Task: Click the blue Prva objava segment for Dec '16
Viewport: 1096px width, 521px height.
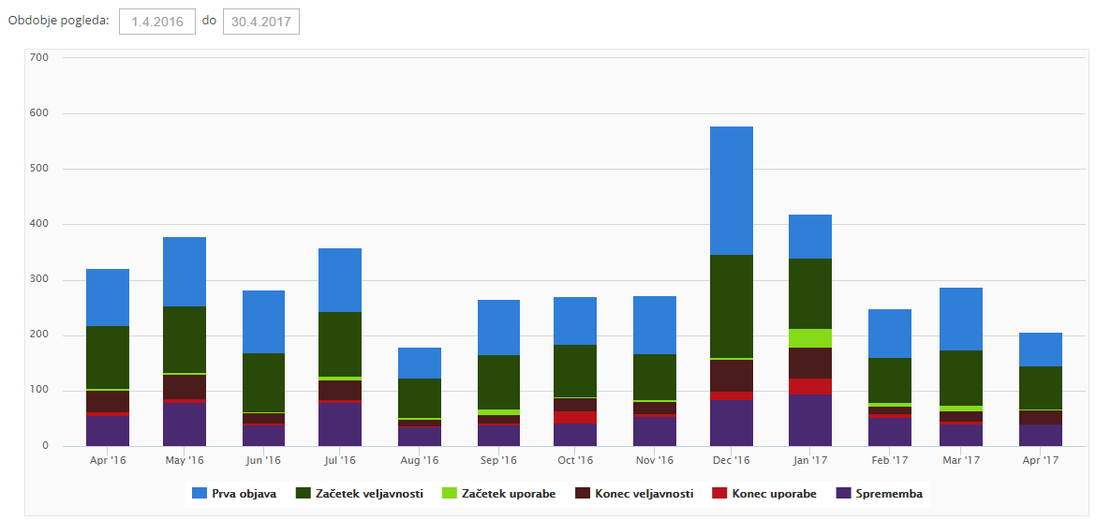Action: (x=731, y=190)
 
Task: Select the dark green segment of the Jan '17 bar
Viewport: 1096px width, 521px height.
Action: (x=809, y=293)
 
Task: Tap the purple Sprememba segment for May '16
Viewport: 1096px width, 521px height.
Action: (x=185, y=424)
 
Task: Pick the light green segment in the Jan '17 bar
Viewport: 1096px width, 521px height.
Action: (x=809, y=338)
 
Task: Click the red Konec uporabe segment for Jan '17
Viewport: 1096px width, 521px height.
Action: (x=809, y=386)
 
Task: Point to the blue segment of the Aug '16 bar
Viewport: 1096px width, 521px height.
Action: (x=419, y=363)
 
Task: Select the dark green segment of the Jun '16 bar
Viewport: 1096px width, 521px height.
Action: (x=263, y=382)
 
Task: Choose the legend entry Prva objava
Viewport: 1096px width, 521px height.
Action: (x=234, y=494)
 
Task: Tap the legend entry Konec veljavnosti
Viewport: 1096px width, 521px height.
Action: (x=634, y=494)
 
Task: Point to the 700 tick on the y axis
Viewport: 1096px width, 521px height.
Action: (x=39, y=58)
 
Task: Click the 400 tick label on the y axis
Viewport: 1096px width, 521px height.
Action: (x=39, y=225)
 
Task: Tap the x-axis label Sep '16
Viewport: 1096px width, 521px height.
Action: (x=497, y=461)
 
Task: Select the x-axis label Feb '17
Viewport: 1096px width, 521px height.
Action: (x=889, y=461)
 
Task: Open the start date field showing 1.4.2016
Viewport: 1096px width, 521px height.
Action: (x=157, y=22)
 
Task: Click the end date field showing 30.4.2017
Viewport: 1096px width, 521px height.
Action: (x=261, y=22)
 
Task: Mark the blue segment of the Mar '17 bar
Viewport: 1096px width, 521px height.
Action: (x=961, y=319)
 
